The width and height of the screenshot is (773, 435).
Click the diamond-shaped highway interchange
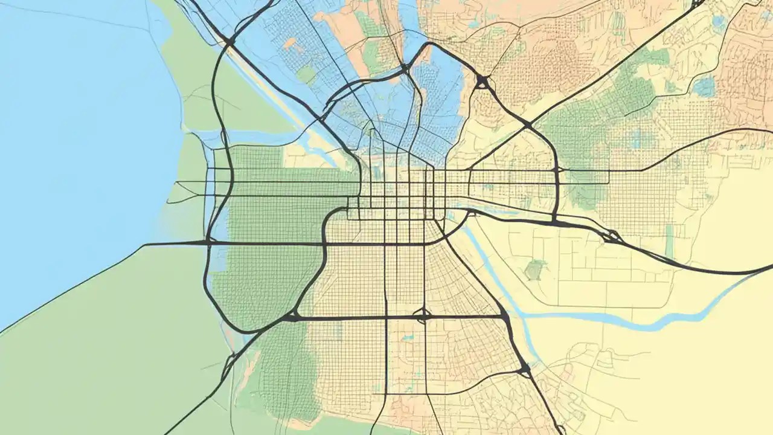(423, 315)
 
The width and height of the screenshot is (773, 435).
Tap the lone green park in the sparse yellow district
(534, 269)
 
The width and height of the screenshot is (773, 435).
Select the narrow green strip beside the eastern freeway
(669, 240)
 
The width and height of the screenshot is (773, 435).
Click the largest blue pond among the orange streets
(704, 86)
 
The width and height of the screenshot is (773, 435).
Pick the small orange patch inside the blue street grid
(291, 43)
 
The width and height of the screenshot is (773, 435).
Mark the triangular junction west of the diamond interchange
(292, 316)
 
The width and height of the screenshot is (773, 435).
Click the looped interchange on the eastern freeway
(611, 236)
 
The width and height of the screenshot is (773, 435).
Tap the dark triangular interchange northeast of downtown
(482, 82)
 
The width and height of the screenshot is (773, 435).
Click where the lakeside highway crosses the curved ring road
(207, 242)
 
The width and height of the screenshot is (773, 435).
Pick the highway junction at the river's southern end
(524, 367)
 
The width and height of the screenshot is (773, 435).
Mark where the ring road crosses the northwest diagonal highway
(229, 42)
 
